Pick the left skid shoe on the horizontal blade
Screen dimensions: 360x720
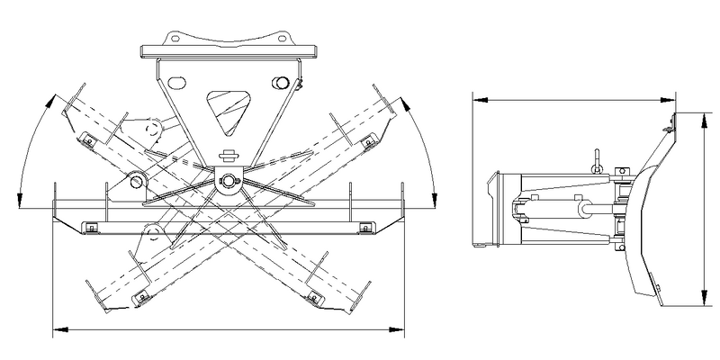(x=90, y=228)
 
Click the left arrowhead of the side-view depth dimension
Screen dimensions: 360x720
(x=475, y=97)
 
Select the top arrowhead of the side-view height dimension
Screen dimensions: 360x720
(x=703, y=116)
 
